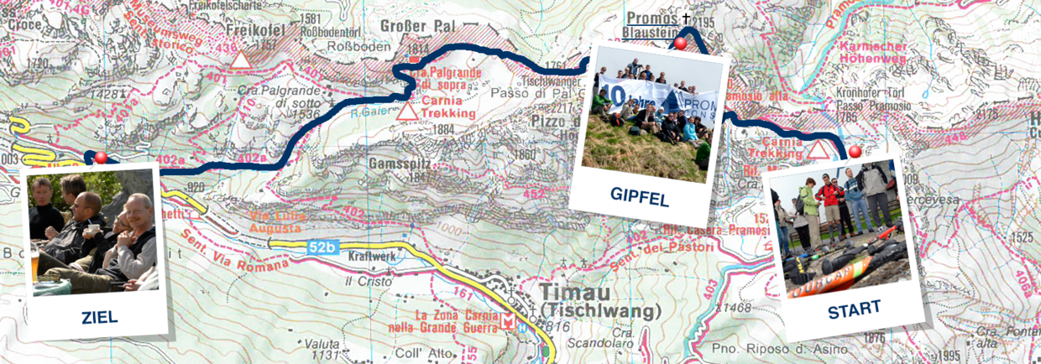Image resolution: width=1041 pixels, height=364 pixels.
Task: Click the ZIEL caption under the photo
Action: [99, 318]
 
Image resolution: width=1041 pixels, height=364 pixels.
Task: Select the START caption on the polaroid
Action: [854, 308]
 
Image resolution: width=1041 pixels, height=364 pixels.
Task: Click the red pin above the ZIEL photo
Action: [102, 157]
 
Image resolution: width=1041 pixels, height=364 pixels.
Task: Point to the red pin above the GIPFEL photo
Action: [681, 43]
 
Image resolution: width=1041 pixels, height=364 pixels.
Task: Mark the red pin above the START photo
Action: [855, 152]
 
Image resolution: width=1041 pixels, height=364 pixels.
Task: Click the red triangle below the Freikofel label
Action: [241, 60]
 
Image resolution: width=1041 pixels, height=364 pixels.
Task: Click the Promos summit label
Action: [651, 17]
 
